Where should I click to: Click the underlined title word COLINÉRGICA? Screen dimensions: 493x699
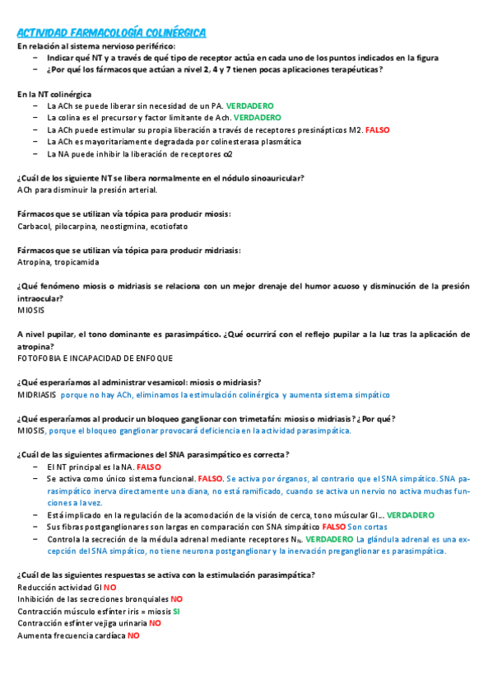click(x=174, y=32)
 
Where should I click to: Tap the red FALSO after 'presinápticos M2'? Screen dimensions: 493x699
click(x=377, y=130)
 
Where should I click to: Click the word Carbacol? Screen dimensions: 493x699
click(x=34, y=226)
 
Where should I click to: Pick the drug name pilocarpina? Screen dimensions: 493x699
click(x=76, y=226)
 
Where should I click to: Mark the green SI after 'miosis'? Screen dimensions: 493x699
click(x=177, y=612)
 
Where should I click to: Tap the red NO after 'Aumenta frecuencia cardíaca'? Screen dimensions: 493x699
click(x=133, y=636)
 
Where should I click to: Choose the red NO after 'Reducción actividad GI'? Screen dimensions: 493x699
click(x=110, y=587)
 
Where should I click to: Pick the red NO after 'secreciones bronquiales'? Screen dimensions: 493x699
click(x=177, y=599)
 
